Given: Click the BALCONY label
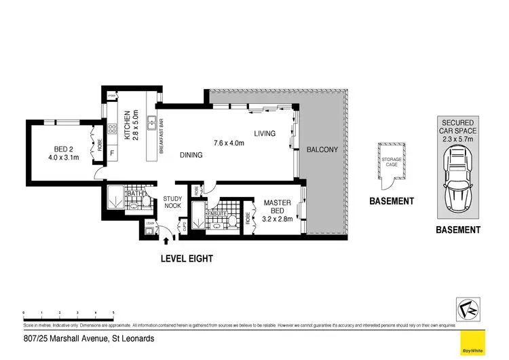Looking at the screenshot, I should coord(322,149).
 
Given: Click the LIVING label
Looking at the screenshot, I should coord(265,133).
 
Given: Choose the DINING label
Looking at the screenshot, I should coord(191,155).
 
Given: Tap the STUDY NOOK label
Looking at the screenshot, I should coord(172,203).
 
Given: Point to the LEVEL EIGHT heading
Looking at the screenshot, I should coord(187,258).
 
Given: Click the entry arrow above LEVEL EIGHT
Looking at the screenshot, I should coord(167,238).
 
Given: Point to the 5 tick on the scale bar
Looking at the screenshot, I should coord(113,313).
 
